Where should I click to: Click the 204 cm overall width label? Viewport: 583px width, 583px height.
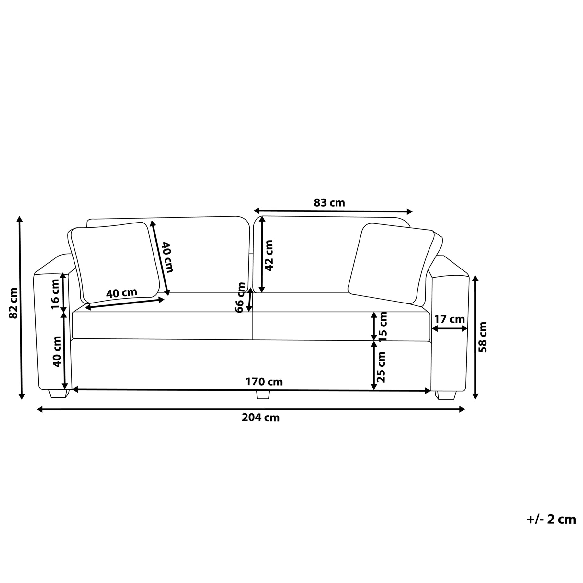pos(260,418)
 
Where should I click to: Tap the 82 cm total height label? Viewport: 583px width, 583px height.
pos(14,303)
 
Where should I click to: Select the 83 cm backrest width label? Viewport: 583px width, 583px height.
pos(329,203)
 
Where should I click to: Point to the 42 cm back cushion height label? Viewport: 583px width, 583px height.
pos(269,256)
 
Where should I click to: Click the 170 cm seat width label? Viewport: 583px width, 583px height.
pos(264,382)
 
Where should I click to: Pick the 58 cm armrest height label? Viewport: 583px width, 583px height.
pos(483,337)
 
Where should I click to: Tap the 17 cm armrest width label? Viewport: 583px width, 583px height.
pos(450,319)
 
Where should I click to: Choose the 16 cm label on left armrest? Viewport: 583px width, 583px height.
pos(55,294)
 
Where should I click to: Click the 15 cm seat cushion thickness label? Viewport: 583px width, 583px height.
pos(383,326)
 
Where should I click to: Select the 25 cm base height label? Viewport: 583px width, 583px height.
pos(382,367)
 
